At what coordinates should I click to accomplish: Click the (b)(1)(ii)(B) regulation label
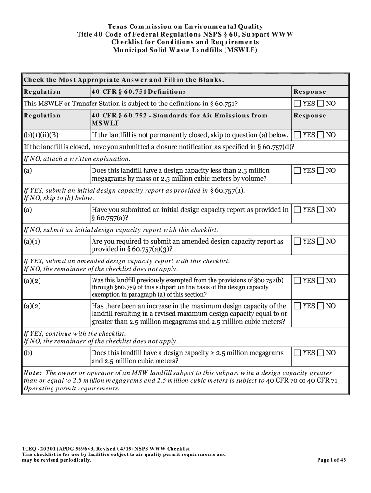pyautogui.click(x=41, y=135)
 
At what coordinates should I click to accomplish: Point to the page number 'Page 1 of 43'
pyautogui.click(x=331, y=460)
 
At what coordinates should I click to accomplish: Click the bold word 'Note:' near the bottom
pyautogui.click(x=32, y=373)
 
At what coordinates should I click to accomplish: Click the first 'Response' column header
pyautogui.click(x=310, y=92)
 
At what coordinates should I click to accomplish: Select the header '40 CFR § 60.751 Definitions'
pyautogui.click(x=139, y=92)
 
